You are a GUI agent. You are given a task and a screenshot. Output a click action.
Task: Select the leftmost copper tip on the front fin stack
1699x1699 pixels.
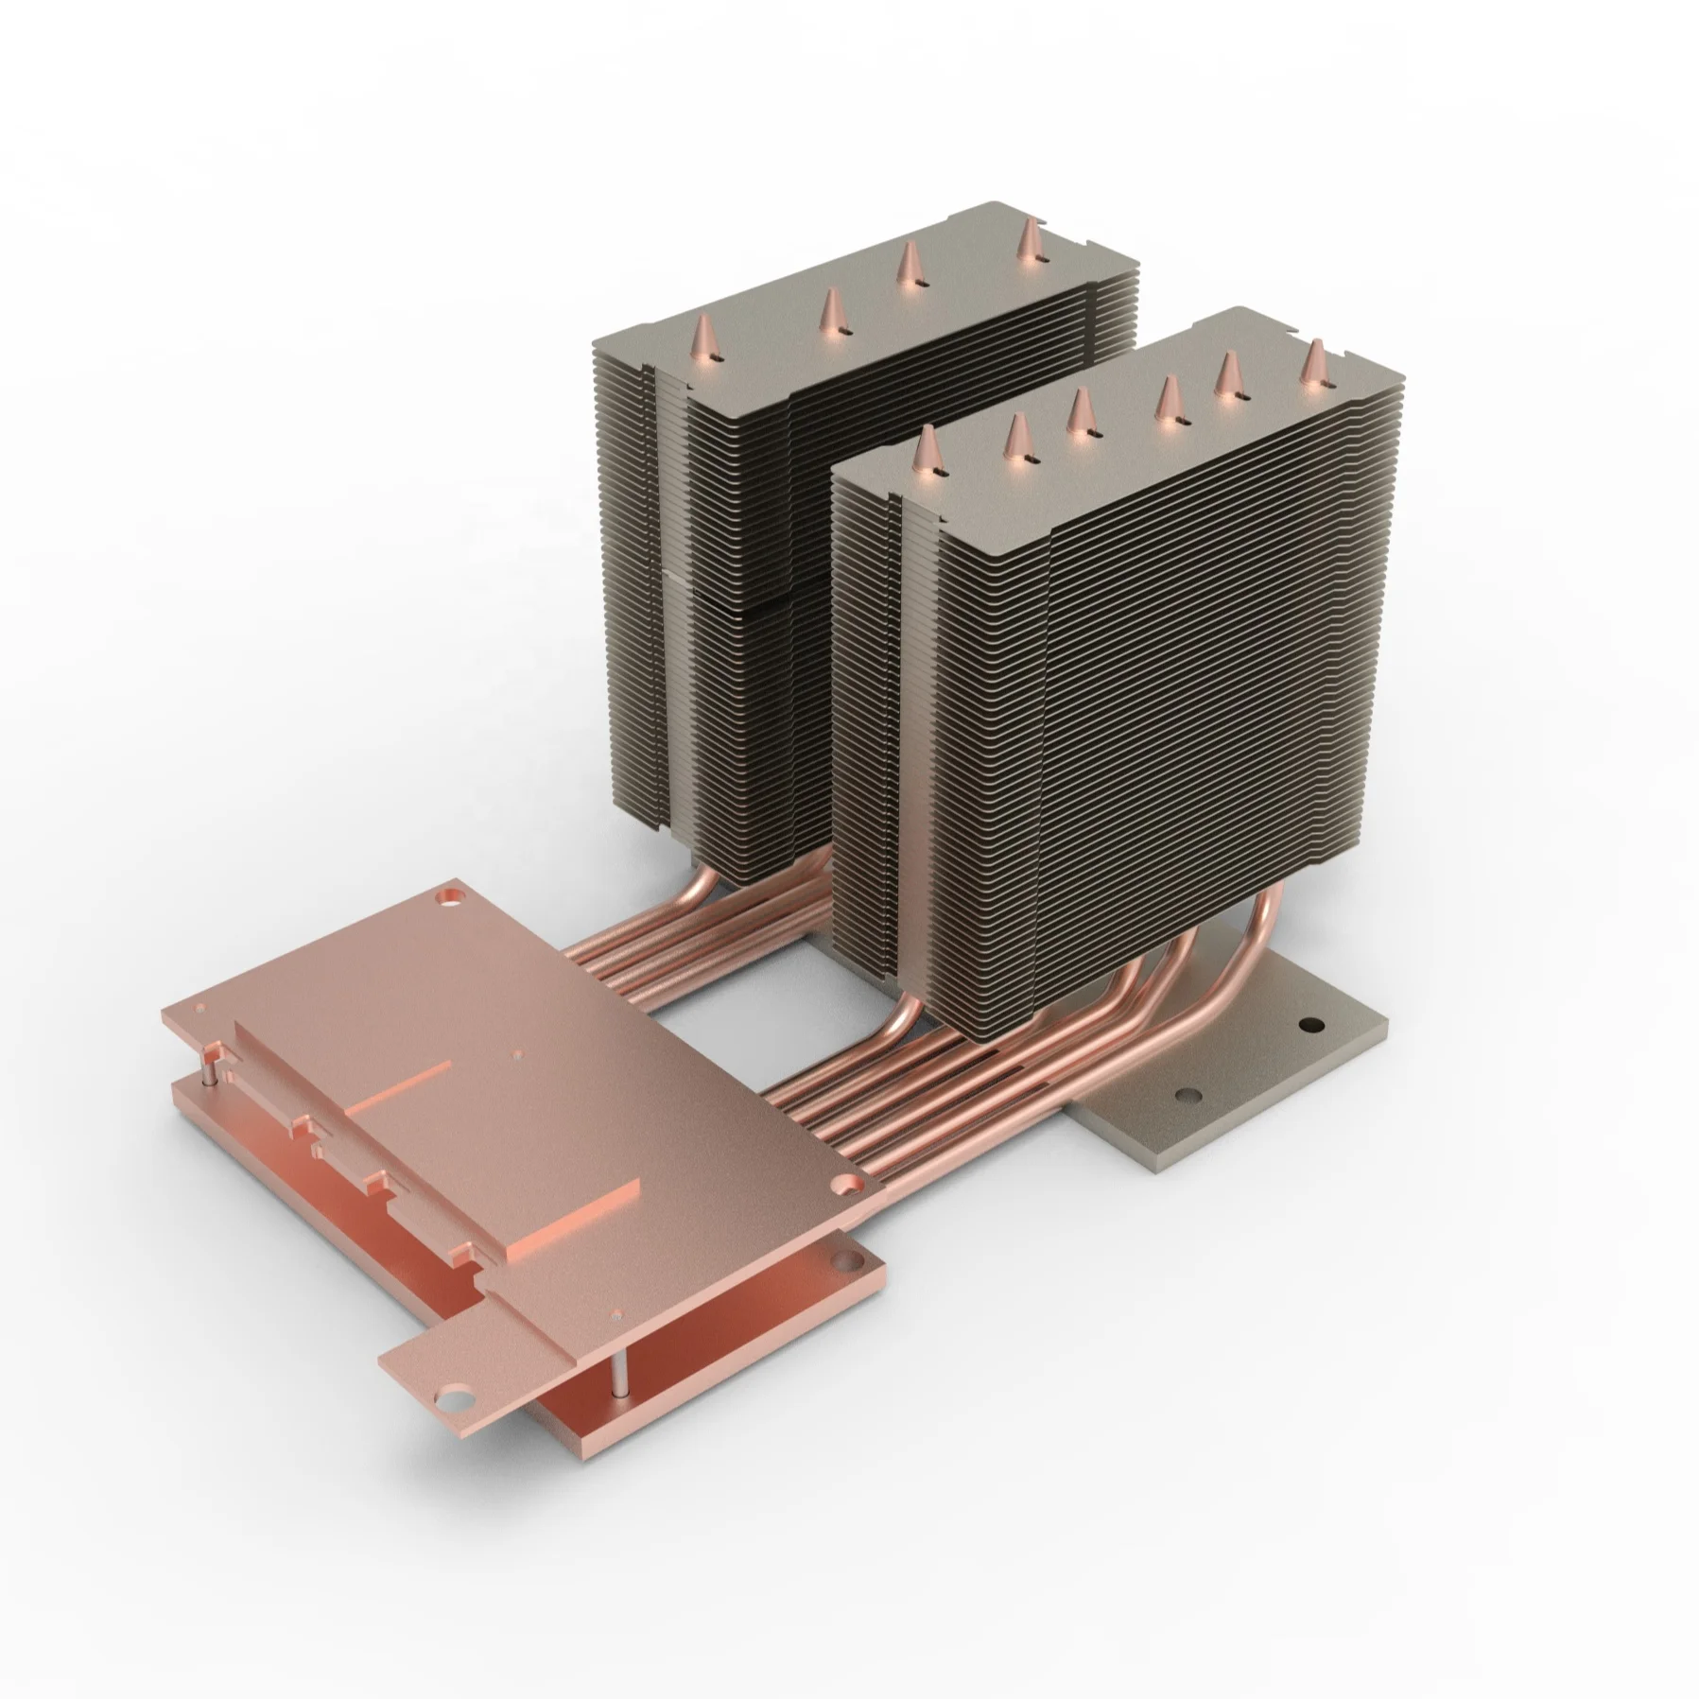pos(928,447)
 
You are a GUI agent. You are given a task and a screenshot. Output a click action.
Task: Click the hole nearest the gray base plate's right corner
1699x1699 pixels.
pos(1311,1023)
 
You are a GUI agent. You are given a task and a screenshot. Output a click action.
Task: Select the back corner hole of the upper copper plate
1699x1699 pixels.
pos(451,892)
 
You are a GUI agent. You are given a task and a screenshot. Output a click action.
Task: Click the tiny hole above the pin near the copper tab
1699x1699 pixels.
pos(616,1312)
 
